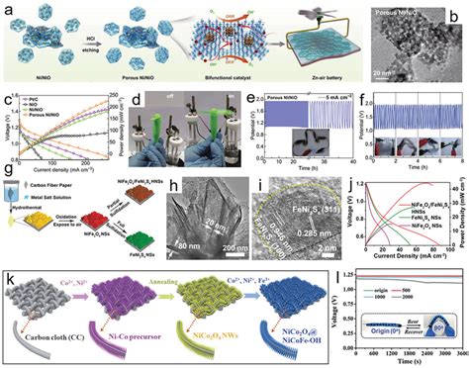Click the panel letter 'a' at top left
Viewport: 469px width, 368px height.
click(x=7, y=8)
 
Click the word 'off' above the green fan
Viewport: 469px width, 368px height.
click(x=165, y=96)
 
